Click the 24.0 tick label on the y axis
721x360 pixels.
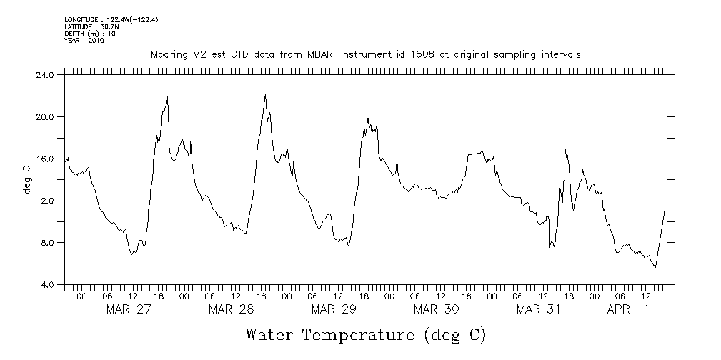point(45,74)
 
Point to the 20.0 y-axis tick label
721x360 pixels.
point(45,116)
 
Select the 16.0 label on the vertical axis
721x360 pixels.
point(45,159)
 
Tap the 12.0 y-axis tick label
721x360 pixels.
point(45,201)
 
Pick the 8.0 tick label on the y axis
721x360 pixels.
point(47,243)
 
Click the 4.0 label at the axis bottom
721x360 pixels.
point(47,285)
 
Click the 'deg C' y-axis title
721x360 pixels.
point(26,179)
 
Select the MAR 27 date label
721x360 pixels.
point(129,309)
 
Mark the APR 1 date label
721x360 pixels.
point(628,309)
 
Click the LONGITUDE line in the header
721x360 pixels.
point(111,20)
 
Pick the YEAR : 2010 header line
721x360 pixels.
point(84,41)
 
